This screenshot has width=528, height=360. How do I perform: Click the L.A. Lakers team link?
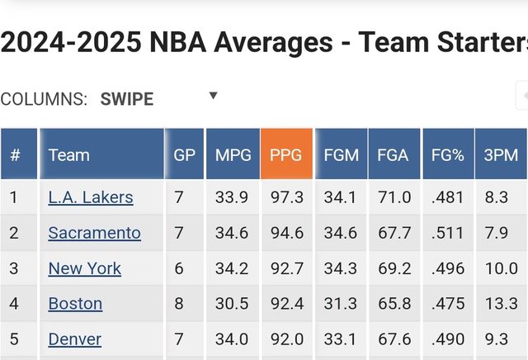91,197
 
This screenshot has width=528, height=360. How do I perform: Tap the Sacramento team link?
94,233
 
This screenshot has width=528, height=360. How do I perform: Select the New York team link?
84,268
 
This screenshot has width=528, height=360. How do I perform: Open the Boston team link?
75,304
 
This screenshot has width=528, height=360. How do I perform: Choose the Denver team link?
74,339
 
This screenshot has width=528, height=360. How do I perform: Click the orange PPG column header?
286,154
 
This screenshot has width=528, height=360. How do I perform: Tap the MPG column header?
233,154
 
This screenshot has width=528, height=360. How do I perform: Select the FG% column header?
448,154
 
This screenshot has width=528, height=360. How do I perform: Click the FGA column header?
393,154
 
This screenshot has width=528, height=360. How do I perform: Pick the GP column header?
184,154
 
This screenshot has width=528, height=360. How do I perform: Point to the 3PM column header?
501,154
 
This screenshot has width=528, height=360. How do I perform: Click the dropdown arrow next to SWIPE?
213,96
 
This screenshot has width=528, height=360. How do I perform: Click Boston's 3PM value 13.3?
501,304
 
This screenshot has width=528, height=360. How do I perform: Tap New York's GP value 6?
180,268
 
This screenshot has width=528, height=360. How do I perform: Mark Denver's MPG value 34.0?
232,339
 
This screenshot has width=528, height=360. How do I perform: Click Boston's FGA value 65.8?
393,304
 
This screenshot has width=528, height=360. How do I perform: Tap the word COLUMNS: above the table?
44,99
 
